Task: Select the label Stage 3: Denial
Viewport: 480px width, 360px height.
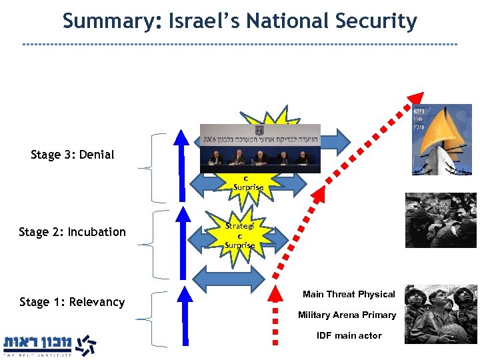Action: coord(72,155)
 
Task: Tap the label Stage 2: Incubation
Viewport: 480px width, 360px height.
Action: coord(72,232)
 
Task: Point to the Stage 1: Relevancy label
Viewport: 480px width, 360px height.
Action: coord(72,302)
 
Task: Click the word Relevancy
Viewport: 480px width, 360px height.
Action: coord(97,302)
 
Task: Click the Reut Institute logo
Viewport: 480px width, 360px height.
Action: coord(50,344)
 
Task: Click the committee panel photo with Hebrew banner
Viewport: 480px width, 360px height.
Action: coord(260,148)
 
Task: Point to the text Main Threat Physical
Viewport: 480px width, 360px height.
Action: coord(349,294)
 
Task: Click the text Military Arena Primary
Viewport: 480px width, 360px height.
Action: coord(347,315)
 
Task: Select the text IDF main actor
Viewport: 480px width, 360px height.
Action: coord(349,335)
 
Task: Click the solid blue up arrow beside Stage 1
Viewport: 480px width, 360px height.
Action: coord(179,317)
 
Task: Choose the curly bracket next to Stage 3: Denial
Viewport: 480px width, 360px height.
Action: coord(159,167)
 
